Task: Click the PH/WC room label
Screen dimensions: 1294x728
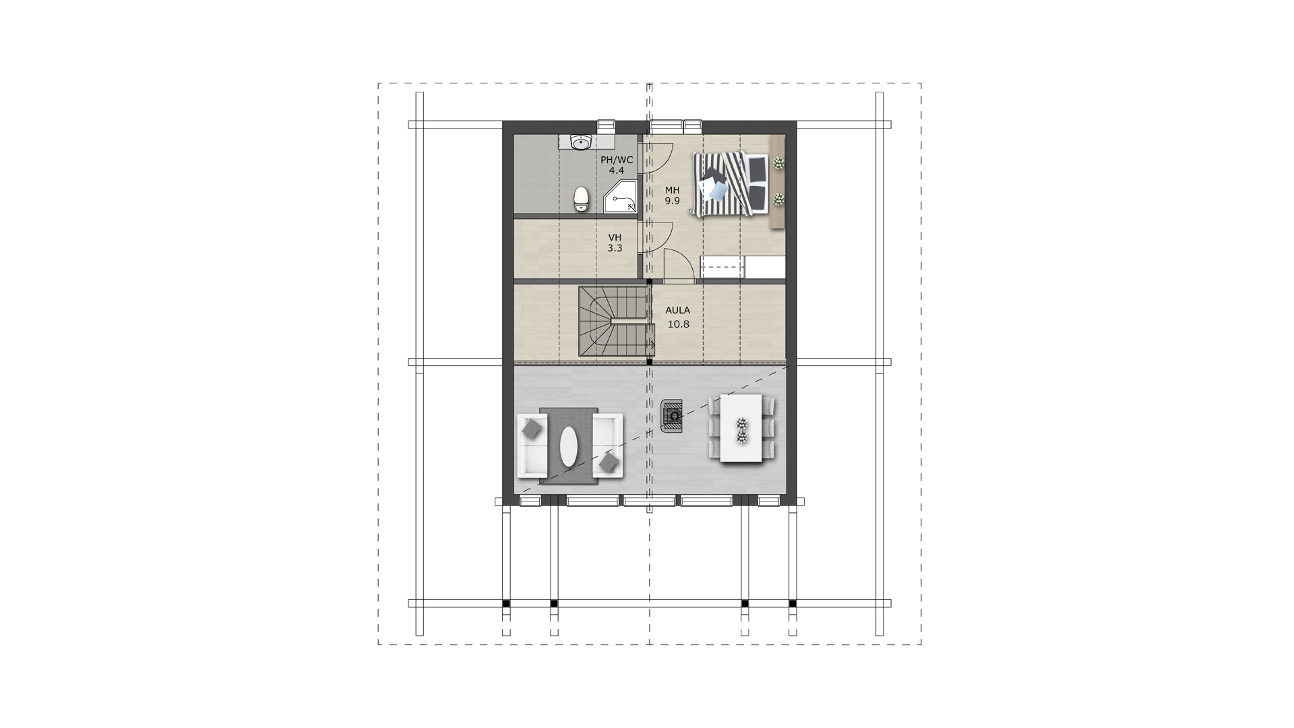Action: pyautogui.click(x=617, y=160)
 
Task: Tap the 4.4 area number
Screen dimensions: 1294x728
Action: pyautogui.click(x=616, y=171)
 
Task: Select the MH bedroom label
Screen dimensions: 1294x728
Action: pyautogui.click(x=672, y=190)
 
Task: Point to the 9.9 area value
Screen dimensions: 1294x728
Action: pyautogui.click(x=672, y=201)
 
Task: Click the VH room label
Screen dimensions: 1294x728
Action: pyautogui.click(x=615, y=237)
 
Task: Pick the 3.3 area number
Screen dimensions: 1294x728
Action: pyautogui.click(x=615, y=248)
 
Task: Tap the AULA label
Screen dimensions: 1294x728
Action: pyautogui.click(x=678, y=310)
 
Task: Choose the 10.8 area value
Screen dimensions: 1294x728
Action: pyautogui.click(x=679, y=324)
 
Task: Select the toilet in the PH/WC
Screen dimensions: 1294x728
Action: pyautogui.click(x=581, y=199)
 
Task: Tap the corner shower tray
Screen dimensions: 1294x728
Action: pyautogui.click(x=620, y=197)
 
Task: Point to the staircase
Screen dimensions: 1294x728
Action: pyautogui.click(x=616, y=322)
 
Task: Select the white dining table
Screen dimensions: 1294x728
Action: pyautogui.click(x=741, y=428)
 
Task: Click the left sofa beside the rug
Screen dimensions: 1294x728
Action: pyautogui.click(x=532, y=446)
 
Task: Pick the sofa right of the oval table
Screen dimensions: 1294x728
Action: pyautogui.click(x=608, y=446)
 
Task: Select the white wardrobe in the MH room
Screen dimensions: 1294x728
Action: pyautogui.click(x=743, y=268)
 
